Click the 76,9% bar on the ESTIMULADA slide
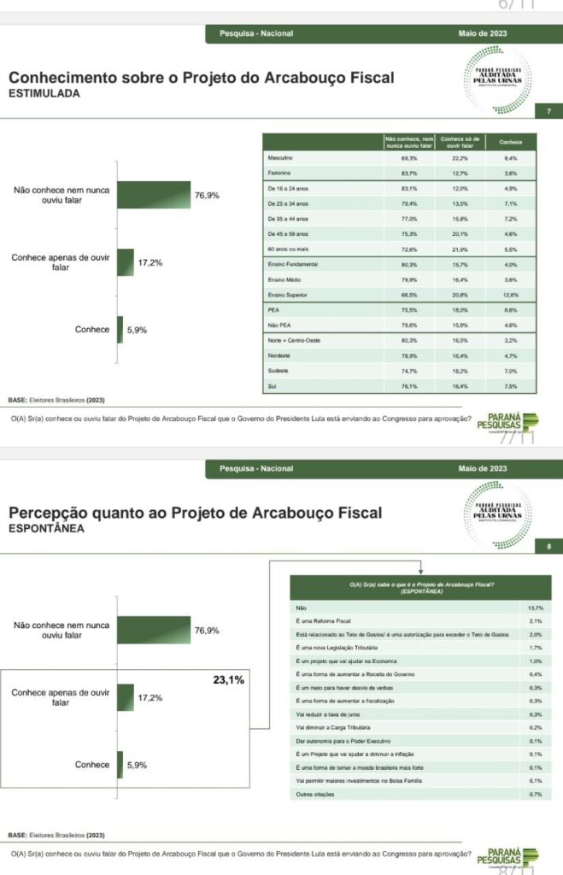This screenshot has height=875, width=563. [x=153, y=195]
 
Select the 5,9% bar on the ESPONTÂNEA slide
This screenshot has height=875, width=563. [x=120, y=765]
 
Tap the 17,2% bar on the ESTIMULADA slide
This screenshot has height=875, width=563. [x=126, y=262]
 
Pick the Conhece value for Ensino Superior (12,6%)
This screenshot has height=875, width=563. [x=511, y=295]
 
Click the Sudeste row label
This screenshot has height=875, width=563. [x=278, y=371]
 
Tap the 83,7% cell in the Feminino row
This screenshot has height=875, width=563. [x=408, y=173]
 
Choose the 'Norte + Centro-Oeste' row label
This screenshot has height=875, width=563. [x=291, y=340]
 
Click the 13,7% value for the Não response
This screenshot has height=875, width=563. [x=536, y=607]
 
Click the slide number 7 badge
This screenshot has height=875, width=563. [x=549, y=111]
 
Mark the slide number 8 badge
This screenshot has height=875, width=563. [x=549, y=548]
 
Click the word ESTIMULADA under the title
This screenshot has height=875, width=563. [x=44, y=95]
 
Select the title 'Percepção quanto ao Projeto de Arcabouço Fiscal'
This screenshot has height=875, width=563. [x=195, y=513]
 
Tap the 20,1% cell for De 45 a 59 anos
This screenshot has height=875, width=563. [x=460, y=233]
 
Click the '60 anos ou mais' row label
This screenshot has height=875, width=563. [x=288, y=249]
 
